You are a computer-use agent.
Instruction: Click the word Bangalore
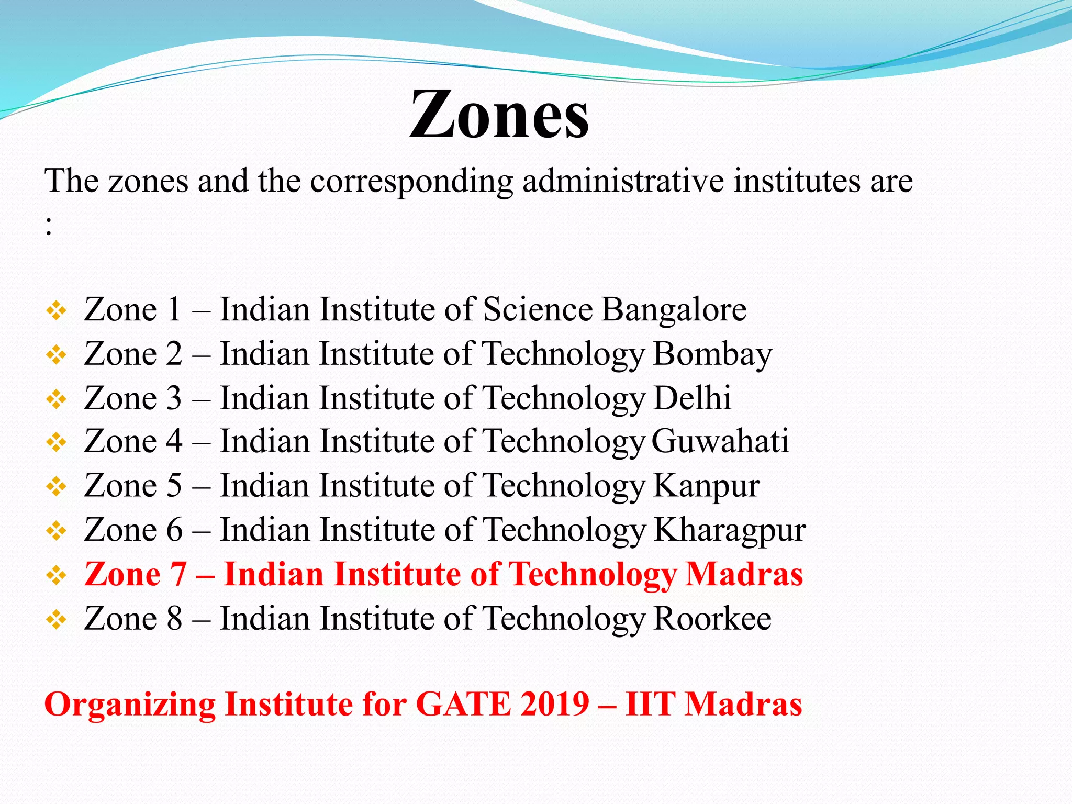click(x=674, y=309)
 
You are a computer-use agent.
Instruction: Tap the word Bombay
click(x=712, y=354)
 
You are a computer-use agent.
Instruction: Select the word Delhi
click(x=692, y=398)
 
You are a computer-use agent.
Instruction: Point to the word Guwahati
click(x=720, y=441)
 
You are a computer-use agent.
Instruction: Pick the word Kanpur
click(x=707, y=486)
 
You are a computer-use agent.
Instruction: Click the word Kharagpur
click(x=729, y=530)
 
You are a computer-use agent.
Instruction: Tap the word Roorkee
click(x=712, y=619)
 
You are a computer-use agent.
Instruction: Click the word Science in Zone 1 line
click(x=538, y=309)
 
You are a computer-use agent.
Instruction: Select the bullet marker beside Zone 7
click(x=56, y=576)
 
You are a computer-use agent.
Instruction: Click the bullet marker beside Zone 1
click(x=56, y=311)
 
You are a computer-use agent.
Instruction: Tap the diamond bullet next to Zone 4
click(x=56, y=443)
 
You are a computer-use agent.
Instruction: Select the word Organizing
click(x=130, y=705)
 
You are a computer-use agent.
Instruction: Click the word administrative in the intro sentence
click(x=622, y=181)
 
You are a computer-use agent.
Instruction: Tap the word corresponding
click(x=411, y=182)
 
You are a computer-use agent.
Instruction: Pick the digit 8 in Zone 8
click(x=174, y=619)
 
